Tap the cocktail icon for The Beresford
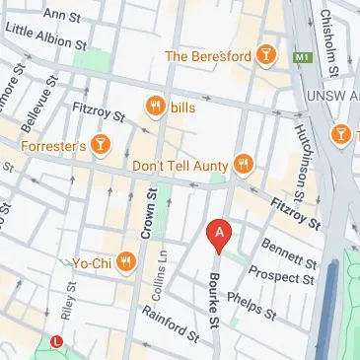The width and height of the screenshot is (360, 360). (x=263, y=57)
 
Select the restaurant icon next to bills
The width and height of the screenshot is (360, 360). (x=155, y=105)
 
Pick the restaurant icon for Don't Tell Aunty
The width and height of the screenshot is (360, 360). (x=245, y=164)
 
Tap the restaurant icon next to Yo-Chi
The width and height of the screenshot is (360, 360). (x=125, y=262)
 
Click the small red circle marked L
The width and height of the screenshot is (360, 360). (x=57, y=341)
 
